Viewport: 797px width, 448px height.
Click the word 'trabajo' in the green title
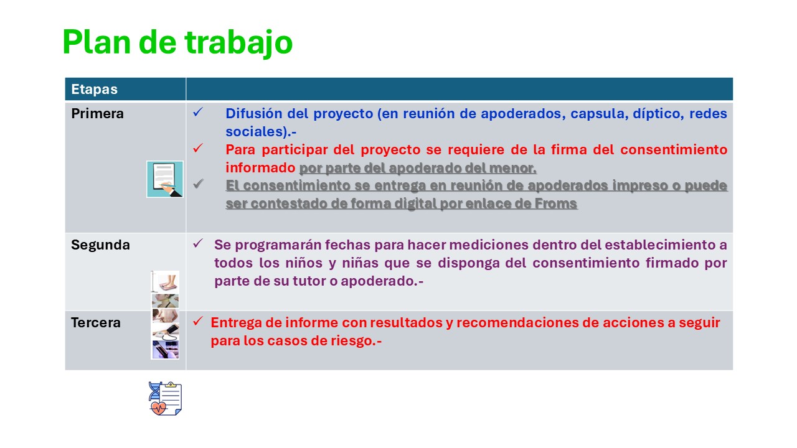click(238, 43)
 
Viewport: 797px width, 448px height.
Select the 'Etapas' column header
click(94, 89)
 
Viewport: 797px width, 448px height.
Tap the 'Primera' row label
click(98, 113)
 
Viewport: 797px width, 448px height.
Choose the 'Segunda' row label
click(100, 245)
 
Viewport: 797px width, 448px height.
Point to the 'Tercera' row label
click(96, 322)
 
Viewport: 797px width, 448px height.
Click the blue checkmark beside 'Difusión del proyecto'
click(198, 112)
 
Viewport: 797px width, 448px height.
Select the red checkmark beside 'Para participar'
click(198, 148)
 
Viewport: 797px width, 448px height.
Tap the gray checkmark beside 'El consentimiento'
click(198, 184)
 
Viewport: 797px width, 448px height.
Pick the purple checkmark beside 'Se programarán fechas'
click(198, 243)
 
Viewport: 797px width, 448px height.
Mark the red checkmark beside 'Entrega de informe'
click(198, 321)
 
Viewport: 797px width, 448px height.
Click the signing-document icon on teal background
click(165, 179)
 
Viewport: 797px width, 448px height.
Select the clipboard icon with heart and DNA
click(165, 398)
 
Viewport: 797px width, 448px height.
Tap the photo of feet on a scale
click(165, 282)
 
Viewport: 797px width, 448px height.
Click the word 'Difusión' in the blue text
click(253, 113)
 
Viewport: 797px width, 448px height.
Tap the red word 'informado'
click(260, 168)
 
